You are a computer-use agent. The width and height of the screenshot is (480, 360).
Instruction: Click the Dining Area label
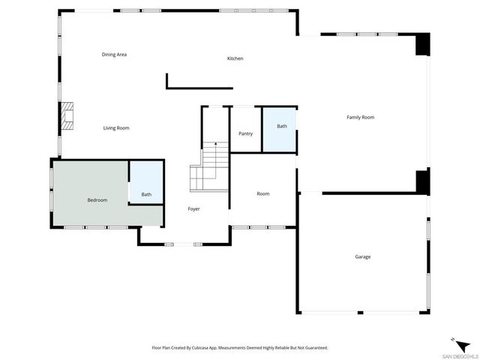click(114, 55)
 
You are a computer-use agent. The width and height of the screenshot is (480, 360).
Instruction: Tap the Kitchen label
click(235, 58)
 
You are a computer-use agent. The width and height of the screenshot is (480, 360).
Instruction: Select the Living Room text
click(116, 128)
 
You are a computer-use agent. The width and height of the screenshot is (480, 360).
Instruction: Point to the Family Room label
click(360, 117)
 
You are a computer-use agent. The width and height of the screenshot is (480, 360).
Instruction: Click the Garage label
click(363, 257)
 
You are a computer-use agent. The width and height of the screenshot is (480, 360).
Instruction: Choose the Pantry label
click(245, 133)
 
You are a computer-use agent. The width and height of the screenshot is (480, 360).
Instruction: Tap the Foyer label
click(193, 208)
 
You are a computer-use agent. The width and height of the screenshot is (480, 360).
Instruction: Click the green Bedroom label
click(97, 200)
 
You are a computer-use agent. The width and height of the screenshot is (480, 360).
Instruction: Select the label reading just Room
click(263, 194)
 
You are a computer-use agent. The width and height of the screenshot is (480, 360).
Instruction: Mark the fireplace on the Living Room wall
click(68, 117)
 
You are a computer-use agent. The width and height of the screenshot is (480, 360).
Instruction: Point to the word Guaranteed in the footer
click(313, 348)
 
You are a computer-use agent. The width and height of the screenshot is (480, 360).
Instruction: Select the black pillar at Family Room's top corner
click(423, 44)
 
